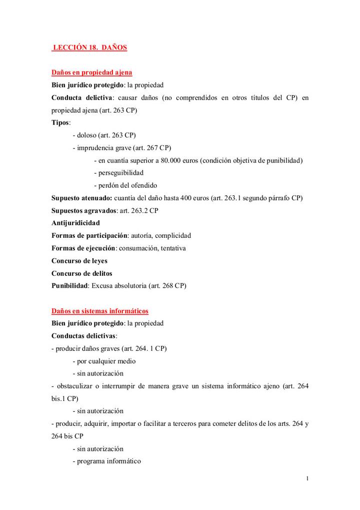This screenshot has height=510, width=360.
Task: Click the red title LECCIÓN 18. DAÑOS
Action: pyautogui.click(x=90, y=48)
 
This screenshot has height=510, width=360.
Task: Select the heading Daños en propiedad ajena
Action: pyautogui.click(x=91, y=73)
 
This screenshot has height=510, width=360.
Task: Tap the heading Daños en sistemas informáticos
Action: pyautogui.click(x=99, y=311)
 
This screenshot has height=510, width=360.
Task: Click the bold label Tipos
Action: pyautogui.click(x=60, y=123)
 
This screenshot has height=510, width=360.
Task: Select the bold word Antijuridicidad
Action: pyautogui.click(x=75, y=223)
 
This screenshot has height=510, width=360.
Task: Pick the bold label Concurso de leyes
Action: pyautogui.click(x=79, y=261)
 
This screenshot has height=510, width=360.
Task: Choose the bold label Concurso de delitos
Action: pyautogui.click(x=81, y=273)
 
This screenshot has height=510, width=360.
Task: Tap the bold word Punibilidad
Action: pyautogui.click(x=70, y=286)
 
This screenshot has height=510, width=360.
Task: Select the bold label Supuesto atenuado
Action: pyautogui.click(x=81, y=198)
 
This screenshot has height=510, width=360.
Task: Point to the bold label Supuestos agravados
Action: pyautogui.click(x=84, y=210)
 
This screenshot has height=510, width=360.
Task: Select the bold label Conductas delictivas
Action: pyautogui.click(x=83, y=336)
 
